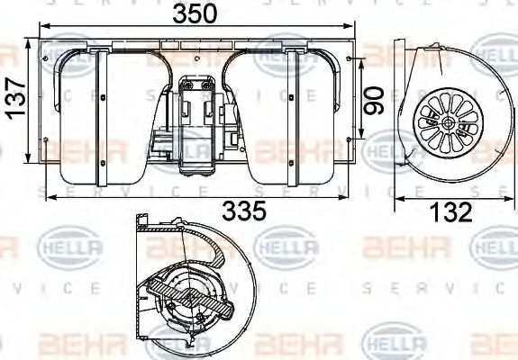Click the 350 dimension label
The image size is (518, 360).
tap(195, 14)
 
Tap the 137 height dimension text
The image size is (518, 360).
tap(14, 101)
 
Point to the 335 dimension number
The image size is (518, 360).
tap(244, 211)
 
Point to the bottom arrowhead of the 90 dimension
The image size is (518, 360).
tap(361, 137)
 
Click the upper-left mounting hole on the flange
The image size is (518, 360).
tap(44, 56)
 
